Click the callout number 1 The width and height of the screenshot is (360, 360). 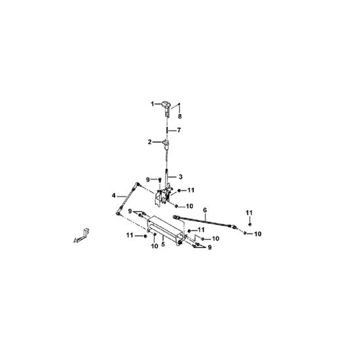click(x=153, y=104)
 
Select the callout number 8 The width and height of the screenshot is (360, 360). click(x=180, y=117)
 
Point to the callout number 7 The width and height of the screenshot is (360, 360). click(x=179, y=130)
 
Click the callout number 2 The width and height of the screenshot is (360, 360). click(x=150, y=142)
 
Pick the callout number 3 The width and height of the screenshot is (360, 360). click(x=181, y=177)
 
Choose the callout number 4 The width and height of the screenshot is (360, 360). click(x=114, y=196)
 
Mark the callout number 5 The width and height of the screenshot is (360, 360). click(x=163, y=244)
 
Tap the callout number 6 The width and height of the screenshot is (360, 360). click(x=205, y=210)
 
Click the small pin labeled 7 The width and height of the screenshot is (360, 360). click(x=167, y=130)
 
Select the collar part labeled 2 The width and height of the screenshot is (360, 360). click(x=166, y=143)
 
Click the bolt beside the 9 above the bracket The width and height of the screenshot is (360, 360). click(x=160, y=180)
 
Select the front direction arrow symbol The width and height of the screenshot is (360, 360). click(x=82, y=236)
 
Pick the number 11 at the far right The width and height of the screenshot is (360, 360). click(x=249, y=213)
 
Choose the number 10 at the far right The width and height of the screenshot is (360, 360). click(x=258, y=234)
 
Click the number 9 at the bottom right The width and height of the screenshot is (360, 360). click(x=209, y=247)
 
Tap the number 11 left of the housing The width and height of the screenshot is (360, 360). click(x=130, y=236)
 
